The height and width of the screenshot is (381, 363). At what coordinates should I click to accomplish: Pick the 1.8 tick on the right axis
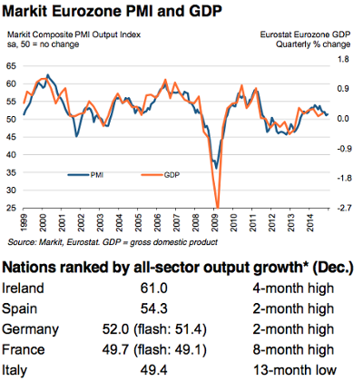pos(345,60)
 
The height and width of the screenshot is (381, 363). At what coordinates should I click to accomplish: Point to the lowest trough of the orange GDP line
pos(217,207)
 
